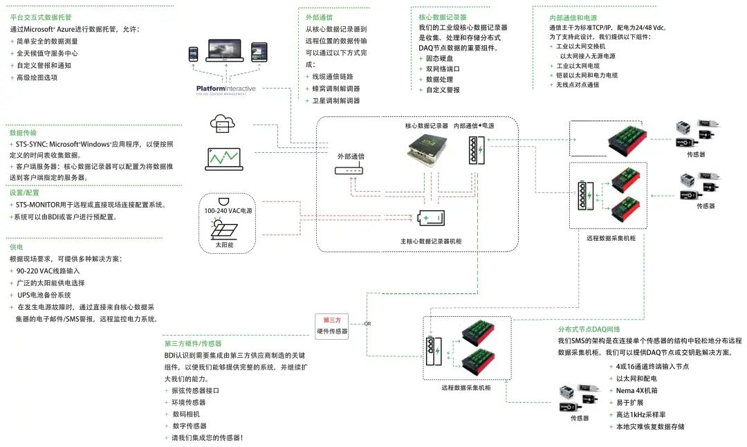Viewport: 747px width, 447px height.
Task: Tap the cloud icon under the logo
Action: tap(222, 124)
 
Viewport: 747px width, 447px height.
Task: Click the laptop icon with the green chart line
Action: tap(223, 158)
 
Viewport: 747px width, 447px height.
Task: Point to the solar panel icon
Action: tap(223, 226)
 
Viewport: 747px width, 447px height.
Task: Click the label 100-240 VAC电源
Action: tap(223, 210)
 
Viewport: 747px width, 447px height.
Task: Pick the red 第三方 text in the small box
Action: tap(332, 320)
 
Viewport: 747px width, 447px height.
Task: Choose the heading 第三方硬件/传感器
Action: tap(193, 343)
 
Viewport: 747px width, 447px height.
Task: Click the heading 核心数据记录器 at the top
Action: tap(443, 17)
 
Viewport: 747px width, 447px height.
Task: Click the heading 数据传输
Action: tap(23, 132)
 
